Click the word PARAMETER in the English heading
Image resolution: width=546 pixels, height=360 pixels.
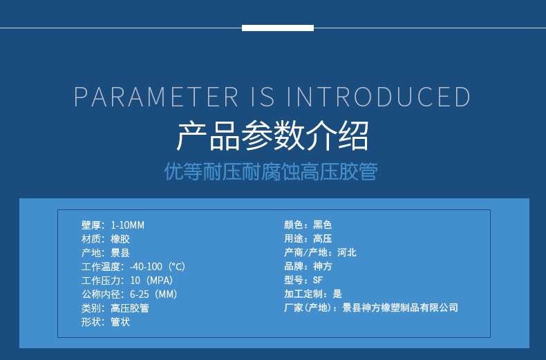[156, 97]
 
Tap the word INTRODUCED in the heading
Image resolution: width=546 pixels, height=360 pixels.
[379, 97]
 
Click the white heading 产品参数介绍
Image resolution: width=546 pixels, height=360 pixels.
[272, 135]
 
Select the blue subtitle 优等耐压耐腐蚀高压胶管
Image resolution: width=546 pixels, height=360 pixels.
[271, 171]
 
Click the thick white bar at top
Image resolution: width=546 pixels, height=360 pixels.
[278, 28]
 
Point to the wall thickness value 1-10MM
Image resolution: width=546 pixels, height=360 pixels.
[127, 225]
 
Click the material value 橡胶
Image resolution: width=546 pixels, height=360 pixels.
[120, 239]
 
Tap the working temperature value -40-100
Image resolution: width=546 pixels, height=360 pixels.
[146, 267]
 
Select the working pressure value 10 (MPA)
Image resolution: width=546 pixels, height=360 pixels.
[151, 281]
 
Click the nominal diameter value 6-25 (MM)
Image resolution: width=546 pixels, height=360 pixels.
[153, 294]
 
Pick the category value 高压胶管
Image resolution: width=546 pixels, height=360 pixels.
[130, 308]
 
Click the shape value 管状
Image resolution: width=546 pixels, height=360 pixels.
[120, 322]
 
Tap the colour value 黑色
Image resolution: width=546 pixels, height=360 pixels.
[323, 225]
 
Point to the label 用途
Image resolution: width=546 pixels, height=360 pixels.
[294, 238]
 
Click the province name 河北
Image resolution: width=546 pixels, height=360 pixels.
[347, 252]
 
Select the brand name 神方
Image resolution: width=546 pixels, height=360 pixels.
[323, 266]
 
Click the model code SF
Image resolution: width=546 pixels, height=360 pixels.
[317, 280]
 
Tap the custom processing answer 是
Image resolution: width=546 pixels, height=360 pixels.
[337, 294]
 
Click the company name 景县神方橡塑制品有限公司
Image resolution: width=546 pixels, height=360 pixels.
[400, 307]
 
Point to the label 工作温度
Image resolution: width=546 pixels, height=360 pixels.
[101, 267]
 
